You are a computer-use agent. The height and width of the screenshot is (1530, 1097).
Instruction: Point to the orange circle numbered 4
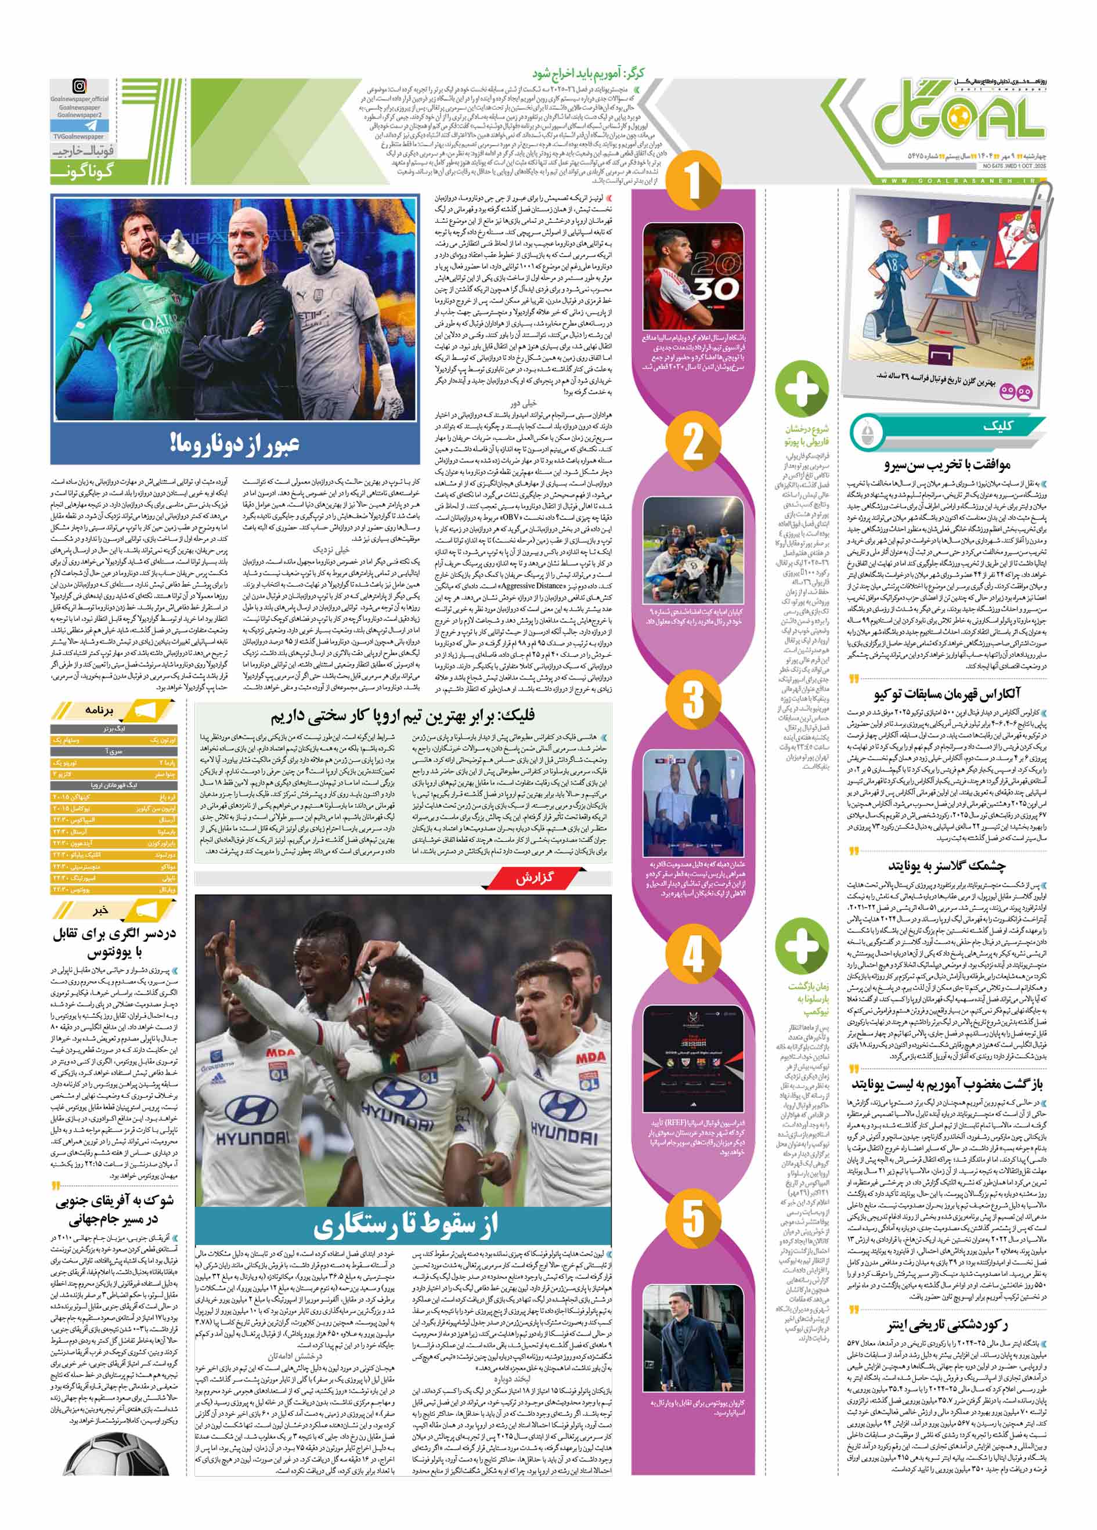click(x=693, y=954)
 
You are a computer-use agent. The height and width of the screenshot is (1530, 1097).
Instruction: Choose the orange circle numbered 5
click(x=693, y=1214)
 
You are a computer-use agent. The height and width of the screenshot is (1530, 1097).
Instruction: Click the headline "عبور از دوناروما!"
click(x=234, y=444)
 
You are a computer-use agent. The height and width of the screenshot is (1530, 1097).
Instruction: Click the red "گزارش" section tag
click(x=535, y=878)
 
